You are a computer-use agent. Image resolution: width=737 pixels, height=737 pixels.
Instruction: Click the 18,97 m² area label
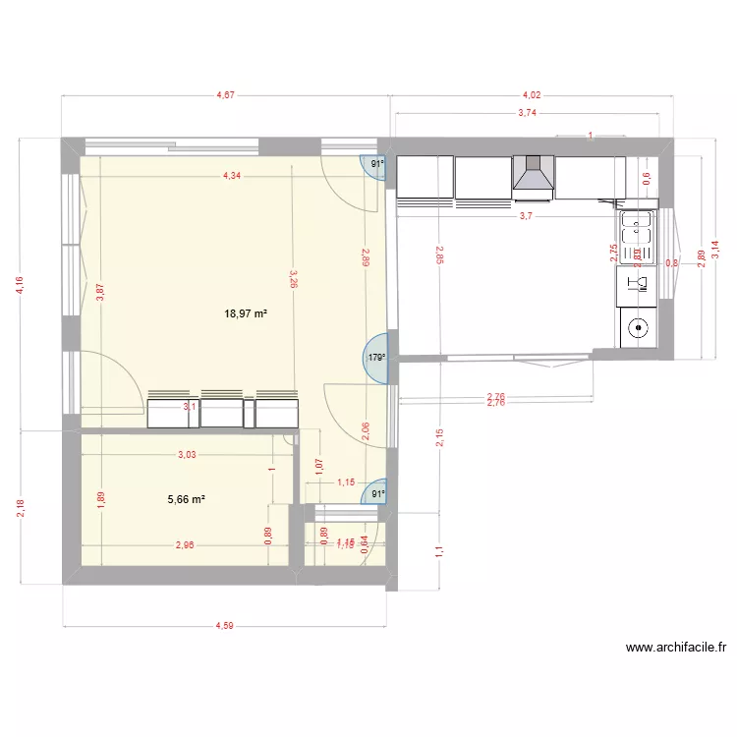pos(247,314)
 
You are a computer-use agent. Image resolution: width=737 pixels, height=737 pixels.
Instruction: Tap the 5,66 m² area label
pos(187,499)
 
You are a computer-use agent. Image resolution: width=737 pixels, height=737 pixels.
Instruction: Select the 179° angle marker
pos(376,359)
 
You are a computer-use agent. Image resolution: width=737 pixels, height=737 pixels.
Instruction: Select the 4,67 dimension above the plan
pos(226,95)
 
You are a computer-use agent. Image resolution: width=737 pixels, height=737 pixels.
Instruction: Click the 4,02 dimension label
pos(531,95)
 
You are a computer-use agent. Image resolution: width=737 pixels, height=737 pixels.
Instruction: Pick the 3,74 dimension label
pos(528,113)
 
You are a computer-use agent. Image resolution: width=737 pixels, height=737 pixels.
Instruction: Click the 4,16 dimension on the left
pos(21,284)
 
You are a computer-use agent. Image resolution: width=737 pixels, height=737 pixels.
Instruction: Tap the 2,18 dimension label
pos(21,507)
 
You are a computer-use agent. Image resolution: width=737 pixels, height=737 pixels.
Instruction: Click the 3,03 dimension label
pos(186,454)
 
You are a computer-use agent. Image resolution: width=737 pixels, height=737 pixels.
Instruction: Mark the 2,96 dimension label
pos(185,545)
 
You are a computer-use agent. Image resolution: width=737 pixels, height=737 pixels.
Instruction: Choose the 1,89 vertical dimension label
pos(99,499)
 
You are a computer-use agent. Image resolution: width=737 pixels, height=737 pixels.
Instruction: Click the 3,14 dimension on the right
pos(728,251)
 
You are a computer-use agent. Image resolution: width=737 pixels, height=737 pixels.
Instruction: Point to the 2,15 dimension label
pos(439,436)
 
